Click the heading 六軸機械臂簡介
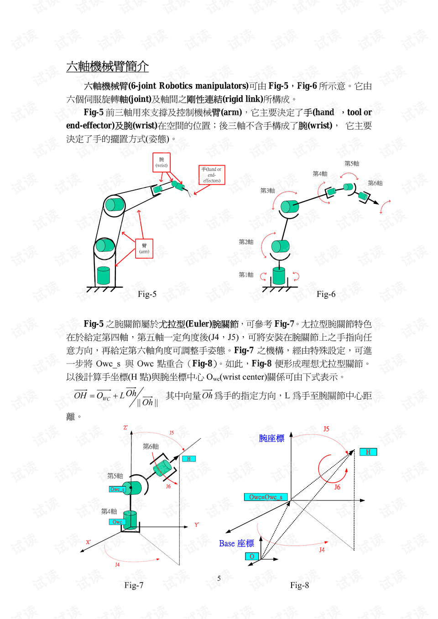point(107,67)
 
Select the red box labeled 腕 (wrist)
point(162,162)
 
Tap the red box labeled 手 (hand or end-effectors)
point(212,175)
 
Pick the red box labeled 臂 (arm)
point(144,249)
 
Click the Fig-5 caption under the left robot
point(147,294)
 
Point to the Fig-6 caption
point(326,294)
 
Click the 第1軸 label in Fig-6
point(246,275)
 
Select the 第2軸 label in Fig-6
point(246,242)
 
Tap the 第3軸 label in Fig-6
point(267,190)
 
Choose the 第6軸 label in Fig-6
point(375,183)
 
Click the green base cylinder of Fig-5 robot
point(104,276)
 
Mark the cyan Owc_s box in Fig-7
point(117,489)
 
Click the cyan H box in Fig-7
point(189,459)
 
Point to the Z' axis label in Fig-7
point(125,428)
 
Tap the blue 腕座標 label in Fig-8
point(271,438)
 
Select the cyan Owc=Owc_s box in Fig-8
point(266,497)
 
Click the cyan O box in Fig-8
point(252,557)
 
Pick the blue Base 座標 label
point(236,543)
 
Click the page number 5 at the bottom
point(219,578)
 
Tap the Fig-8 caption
point(299,585)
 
